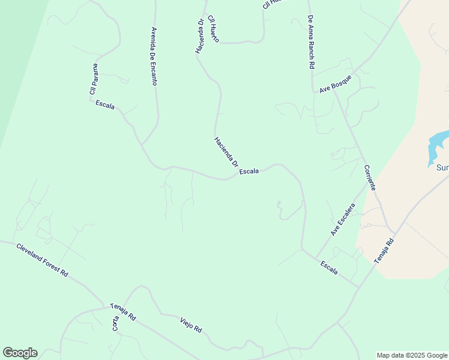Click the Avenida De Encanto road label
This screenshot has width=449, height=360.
pos(154,56)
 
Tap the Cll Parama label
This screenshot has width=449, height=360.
pos(94,79)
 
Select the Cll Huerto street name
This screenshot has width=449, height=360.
pos(213,28)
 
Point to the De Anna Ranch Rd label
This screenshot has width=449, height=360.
pos(312,42)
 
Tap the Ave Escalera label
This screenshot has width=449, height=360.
pos(343,219)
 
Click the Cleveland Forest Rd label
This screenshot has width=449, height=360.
pos(42,259)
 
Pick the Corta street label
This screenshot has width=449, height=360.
pos(115,323)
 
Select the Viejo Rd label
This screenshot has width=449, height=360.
pos(191,325)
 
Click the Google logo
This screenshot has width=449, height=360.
pos(20,353)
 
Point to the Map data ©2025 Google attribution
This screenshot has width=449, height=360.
pos(412,355)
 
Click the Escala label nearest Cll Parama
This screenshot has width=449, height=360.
pos(105,105)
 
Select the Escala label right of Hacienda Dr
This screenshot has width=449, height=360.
pos(249,172)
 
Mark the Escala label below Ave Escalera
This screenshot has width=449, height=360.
pos(330,268)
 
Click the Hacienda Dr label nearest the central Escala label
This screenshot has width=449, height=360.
pos(226,152)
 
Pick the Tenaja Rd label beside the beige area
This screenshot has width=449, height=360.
pos(384,251)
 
